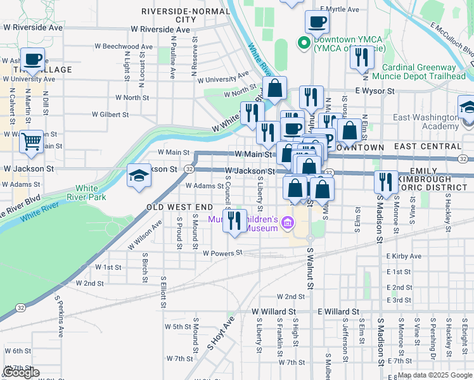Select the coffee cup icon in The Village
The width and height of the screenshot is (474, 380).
point(33,60)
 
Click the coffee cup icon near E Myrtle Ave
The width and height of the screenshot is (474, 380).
point(317,22)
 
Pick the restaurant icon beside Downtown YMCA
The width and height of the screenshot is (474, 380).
point(362,58)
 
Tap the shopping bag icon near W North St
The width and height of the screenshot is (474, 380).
point(275,88)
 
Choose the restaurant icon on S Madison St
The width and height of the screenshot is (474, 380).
point(385,182)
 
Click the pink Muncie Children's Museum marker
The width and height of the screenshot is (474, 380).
point(288,222)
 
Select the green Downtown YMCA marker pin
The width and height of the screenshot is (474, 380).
point(304,44)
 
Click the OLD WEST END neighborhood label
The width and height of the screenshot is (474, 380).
point(180,207)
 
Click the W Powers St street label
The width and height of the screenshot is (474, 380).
point(222,253)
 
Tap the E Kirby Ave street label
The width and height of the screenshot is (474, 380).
point(404,256)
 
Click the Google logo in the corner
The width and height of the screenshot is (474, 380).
point(21,372)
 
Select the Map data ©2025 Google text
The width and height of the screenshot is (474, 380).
point(435,375)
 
